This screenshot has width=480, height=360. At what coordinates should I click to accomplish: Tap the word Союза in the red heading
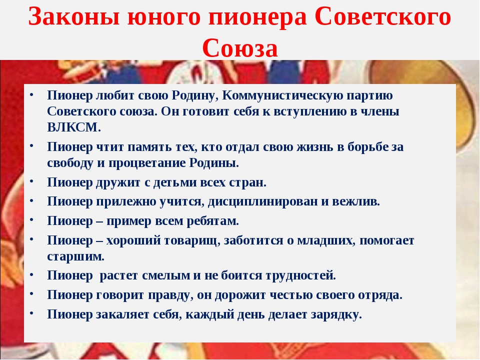(240, 48)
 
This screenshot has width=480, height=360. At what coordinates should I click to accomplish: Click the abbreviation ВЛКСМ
(74, 127)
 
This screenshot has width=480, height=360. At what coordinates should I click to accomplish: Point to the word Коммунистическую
(282, 95)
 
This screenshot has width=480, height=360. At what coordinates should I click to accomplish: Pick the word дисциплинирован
(263, 201)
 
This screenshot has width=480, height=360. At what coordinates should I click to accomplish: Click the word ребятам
(213, 221)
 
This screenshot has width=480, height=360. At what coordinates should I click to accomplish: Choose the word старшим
(75, 256)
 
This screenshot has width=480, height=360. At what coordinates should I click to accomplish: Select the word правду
(171, 295)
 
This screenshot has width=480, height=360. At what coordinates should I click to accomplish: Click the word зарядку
(336, 314)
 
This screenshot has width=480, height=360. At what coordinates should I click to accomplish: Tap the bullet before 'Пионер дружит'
(31, 181)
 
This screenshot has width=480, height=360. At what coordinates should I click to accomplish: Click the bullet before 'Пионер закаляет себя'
(31, 313)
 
